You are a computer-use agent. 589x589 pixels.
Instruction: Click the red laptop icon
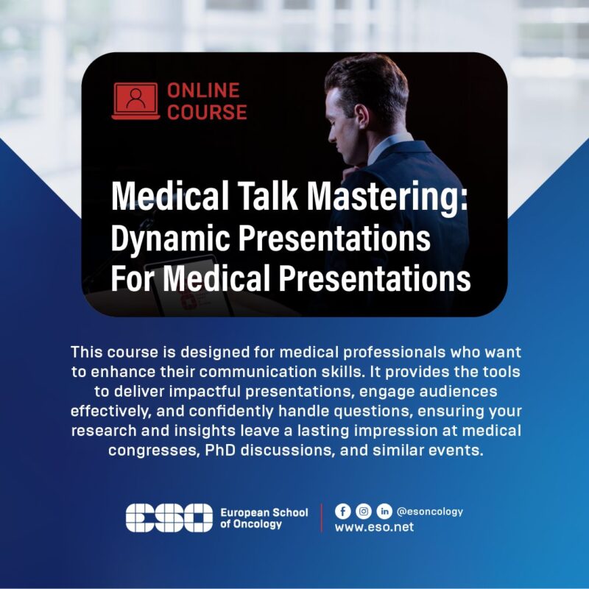click(x=135, y=101)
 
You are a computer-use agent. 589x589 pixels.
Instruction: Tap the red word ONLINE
click(x=203, y=91)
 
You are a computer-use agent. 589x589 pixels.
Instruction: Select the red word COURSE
click(x=207, y=112)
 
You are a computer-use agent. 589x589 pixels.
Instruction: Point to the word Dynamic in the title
click(x=170, y=239)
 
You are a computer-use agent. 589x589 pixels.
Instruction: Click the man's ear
click(x=361, y=116)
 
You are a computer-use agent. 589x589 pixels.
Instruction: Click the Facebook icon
click(x=342, y=511)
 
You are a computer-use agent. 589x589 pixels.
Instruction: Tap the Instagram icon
click(x=363, y=511)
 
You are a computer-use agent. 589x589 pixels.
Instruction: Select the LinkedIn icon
click(x=384, y=511)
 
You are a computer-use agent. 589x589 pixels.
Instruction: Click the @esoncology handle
click(x=430, y=512)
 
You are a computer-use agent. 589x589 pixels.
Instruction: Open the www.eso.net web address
click(x=374, y=527)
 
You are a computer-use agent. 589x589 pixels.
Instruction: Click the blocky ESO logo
click(x=169, y=518)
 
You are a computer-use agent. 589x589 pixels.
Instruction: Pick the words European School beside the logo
click(x=264, y=512)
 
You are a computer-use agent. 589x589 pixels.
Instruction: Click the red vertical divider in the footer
click(x=322, y=518)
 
